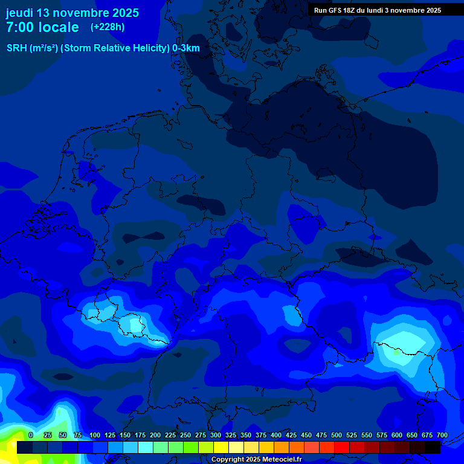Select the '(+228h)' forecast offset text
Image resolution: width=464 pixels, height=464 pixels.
tap(108, 27)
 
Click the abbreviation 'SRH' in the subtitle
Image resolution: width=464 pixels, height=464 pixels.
tap(16, 48)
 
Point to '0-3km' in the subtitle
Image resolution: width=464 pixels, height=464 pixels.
tap(186, 48)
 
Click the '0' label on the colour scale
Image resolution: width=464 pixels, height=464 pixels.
tap(31, 435)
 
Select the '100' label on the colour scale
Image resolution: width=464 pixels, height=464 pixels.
tap(95, 435)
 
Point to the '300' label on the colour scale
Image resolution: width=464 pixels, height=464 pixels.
tap(216, 435)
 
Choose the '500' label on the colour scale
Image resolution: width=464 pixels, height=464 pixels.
tap(337, 435)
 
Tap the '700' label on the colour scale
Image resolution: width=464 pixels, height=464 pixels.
tap(442, 435)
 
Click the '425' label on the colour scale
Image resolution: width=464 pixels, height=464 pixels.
tap(291, 435)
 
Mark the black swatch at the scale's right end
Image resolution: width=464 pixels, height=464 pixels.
tap(433, 447)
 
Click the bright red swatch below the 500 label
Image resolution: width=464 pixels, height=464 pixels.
tap(342, 447)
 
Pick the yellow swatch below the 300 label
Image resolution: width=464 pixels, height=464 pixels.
tap(221, 447)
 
